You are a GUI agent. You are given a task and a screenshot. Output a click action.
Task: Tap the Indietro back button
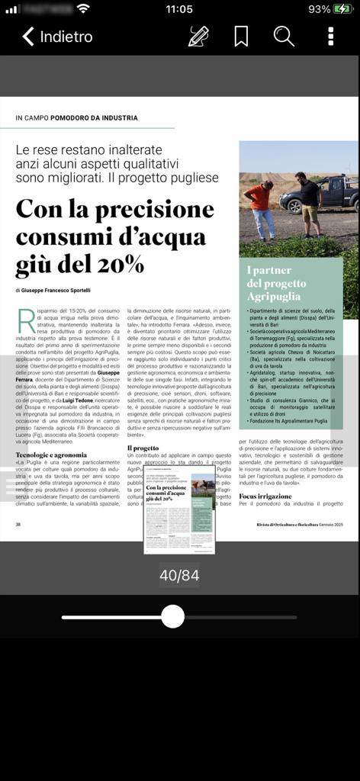pos(57,36)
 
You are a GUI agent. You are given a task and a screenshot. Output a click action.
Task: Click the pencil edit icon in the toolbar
pos(198,36)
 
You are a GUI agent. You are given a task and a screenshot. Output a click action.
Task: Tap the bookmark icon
pos(241,36)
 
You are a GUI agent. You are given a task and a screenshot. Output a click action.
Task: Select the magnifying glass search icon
pos(284,36)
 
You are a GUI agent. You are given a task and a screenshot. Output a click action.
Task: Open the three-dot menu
pos(330,36)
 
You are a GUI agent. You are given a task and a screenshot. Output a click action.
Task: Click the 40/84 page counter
pos(179,575)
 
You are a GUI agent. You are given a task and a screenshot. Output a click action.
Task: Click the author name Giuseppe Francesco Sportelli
pos(56,291)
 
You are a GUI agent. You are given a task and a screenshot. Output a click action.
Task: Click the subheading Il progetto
pos(143,448)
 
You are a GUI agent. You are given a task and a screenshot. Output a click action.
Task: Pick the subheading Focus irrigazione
pos(265,496)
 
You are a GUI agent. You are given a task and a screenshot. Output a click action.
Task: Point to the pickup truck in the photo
pos(323,194)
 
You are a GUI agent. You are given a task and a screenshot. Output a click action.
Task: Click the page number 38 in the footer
pos(18,524)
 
